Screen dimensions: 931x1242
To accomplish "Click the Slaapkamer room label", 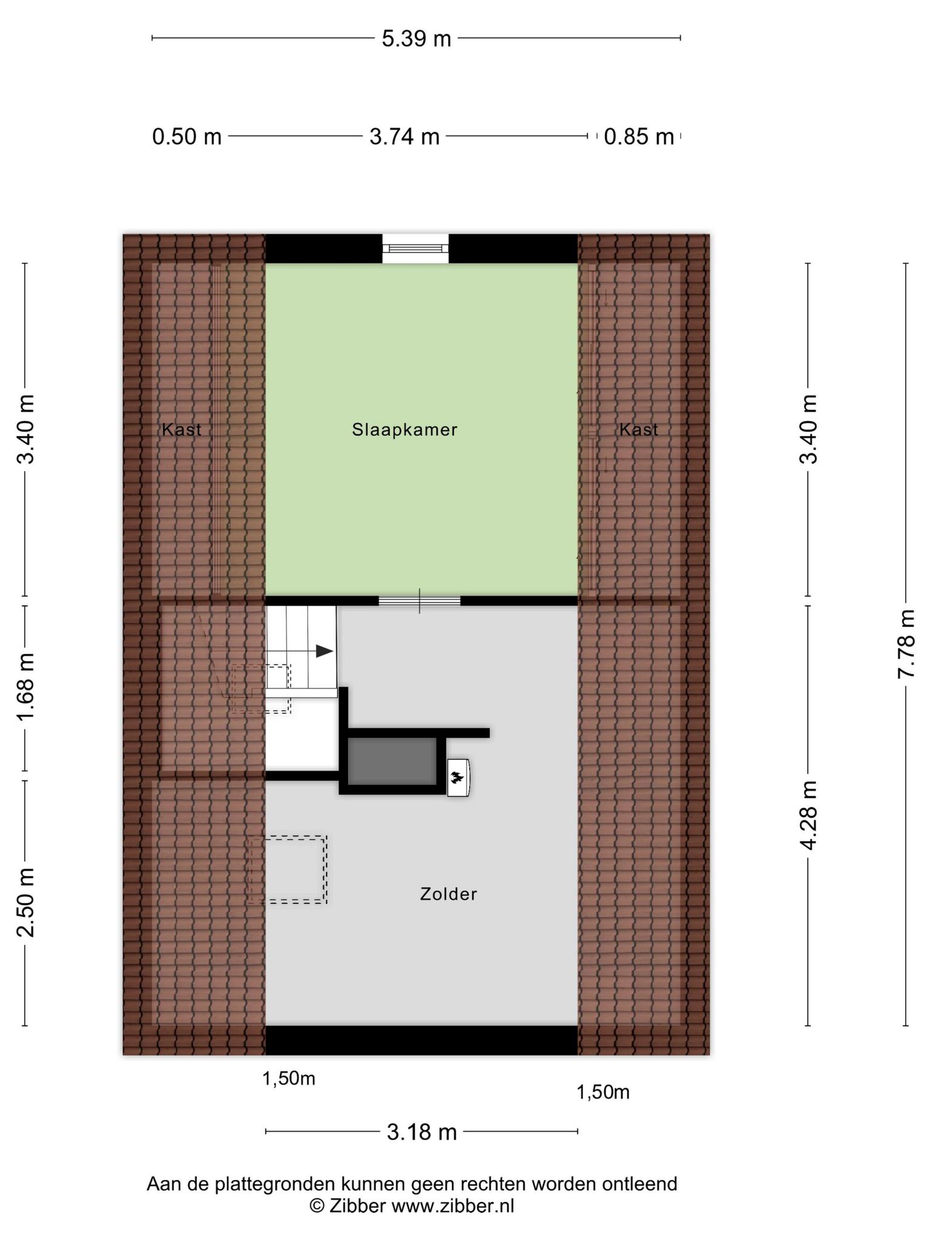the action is click(x=404, y=430).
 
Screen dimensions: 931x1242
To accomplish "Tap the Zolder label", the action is click(x=449, y=894).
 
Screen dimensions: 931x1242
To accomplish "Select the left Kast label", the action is click(x=181, y=430).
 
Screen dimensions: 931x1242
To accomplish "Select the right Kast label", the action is click(x=638, y=430).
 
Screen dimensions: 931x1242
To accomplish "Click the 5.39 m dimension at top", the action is click(x=416, y=39).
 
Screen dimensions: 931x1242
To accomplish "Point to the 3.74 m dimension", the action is click(x=404, y=137).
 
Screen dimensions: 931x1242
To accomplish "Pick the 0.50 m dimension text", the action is click(x=187, y=137).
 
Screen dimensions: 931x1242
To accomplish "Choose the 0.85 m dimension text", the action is click(x=639, y=137).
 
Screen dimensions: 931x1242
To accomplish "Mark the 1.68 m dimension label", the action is click(x=25, y=688).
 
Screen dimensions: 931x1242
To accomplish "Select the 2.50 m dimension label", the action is click(x=25, y=902).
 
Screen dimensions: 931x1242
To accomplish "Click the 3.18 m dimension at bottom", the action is click(x=422, y=1132).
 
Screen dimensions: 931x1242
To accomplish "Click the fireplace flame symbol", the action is click(x=456, y=777).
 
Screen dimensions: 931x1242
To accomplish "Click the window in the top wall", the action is click(x=415, y=248).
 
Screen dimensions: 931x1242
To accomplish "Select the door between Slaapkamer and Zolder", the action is click(x=419, y=601).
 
